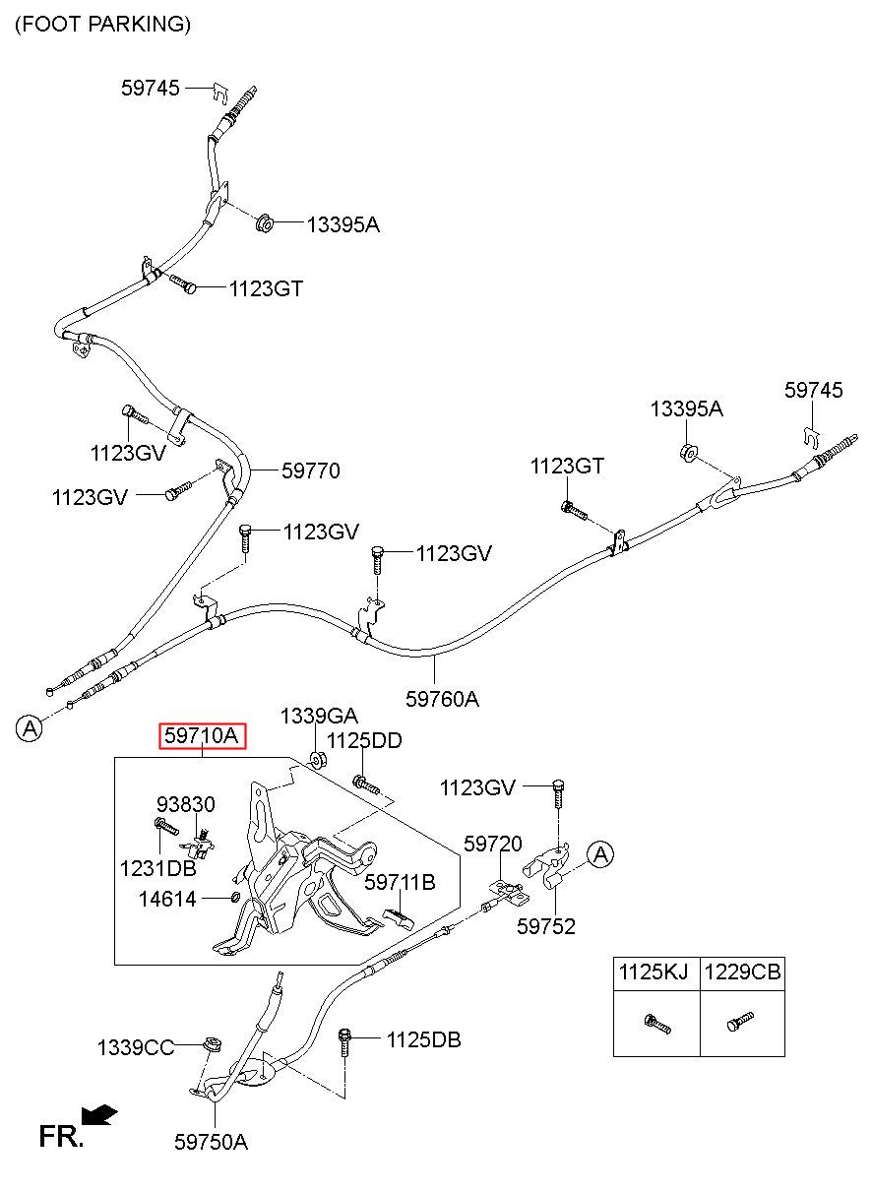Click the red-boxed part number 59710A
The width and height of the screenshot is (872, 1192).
[203, 736]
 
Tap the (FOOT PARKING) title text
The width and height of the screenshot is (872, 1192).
[102, 25]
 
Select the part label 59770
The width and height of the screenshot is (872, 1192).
[311, 471]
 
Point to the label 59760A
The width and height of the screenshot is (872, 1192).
[442, 699]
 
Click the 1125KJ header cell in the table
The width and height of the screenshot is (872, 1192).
[654, 972]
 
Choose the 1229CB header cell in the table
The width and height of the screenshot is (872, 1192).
[742, 972]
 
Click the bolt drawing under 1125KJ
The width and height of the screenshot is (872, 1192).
[657, 1024]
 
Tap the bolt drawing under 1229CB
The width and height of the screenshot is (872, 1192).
[740, 1021]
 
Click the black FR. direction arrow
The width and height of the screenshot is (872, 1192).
[99, 1114]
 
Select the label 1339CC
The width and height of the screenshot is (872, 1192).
[136, 1047]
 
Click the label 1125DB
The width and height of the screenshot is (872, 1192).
[423, 1039]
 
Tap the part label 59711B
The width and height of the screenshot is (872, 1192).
[401, 882]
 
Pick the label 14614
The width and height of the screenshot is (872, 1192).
[167, 900]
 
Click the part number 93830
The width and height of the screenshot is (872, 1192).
[186, 804]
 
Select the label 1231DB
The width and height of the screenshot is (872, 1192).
[158, 868]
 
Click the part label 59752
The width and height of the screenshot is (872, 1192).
[546, 926]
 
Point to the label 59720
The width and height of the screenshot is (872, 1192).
[493, 844]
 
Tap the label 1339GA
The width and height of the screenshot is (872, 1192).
[319, 716]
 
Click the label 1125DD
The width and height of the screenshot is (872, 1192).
[364, 740]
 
